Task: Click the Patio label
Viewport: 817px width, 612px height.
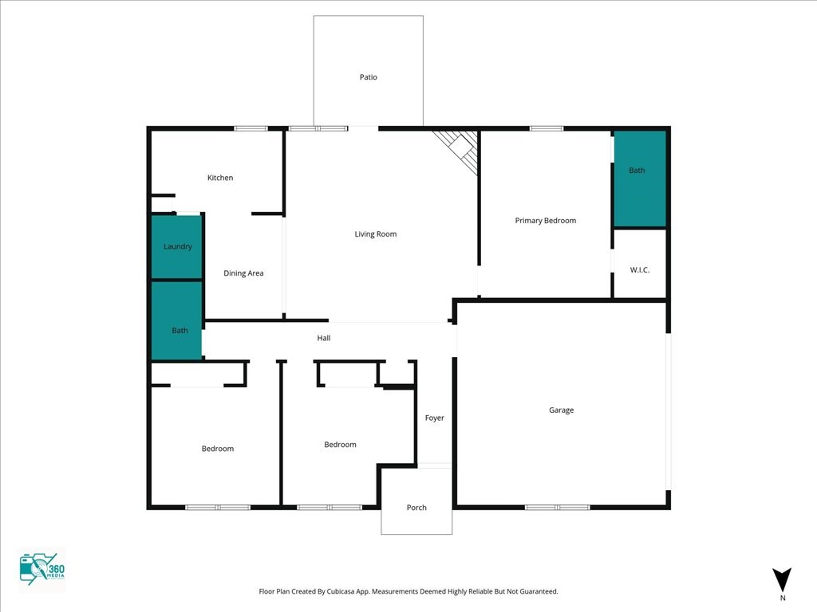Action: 369,77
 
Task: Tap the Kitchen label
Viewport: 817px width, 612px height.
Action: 220,178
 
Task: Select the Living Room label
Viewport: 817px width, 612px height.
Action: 376,234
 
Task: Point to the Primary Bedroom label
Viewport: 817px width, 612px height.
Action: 546,221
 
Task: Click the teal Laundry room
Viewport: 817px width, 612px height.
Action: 176,247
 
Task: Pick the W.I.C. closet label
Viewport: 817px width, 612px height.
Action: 640,269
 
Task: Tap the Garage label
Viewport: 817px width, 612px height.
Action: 561,410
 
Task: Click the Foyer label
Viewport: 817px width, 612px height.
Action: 435,418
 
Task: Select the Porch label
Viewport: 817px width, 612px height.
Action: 416,508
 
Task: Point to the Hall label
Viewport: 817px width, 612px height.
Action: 324,338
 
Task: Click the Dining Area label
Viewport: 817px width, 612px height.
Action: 243,273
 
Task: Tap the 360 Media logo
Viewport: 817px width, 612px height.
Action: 41,569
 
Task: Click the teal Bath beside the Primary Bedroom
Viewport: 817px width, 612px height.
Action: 640,178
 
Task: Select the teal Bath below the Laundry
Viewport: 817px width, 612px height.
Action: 176,320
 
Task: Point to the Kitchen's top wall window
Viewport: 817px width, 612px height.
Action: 251,128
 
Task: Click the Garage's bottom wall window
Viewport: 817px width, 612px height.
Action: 557,507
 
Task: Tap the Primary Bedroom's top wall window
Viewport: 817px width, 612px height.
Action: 547,128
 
